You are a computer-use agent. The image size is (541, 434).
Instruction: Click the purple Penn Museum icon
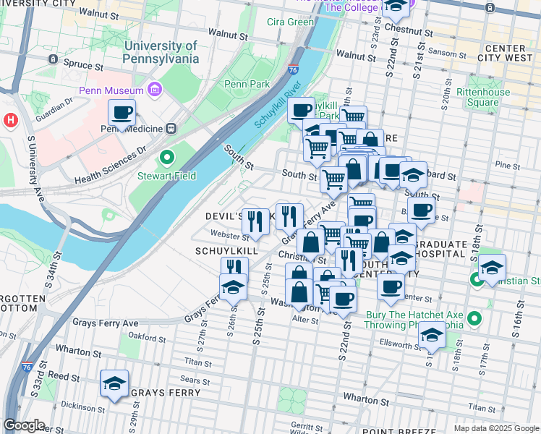click(154, 90)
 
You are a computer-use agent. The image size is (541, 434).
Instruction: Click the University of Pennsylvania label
click(161, 52)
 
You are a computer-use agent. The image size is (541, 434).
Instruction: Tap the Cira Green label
click(290, 22)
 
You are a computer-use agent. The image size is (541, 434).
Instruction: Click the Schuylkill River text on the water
click(277, 105)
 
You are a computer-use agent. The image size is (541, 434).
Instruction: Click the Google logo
click(24, 425)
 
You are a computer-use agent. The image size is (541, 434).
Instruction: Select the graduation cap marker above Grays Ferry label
click(114, 384)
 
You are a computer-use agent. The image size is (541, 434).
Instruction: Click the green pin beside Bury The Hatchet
click(474, 318)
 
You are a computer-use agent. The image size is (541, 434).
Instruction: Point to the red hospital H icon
click(11, 119)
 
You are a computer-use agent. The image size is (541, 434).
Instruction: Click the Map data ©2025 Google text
click(495, 427)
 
